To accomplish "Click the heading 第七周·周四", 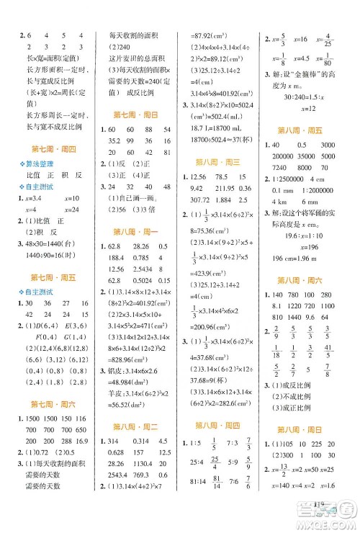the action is click(x=45, y=149).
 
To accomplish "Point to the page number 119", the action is click(x=320, y=511).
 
